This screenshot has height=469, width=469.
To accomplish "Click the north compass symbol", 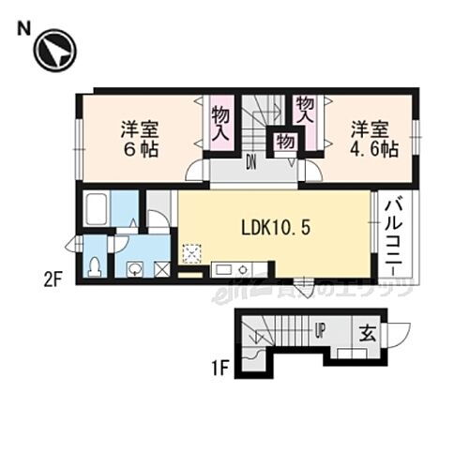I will (x=53, y=52).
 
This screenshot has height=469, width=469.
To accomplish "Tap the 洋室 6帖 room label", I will (x=139, y=138).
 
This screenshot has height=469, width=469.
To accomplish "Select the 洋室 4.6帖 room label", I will (x=371, y=138).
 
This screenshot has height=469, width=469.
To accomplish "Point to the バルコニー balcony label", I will (x=394, y=234).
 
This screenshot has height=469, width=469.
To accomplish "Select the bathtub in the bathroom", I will (x=98, y=209).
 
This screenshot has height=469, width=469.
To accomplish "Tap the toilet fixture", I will (x=95, y=266).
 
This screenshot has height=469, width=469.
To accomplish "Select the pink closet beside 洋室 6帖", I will (x=219, y=123).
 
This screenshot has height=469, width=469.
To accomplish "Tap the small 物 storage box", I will (x=284, y=142).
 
